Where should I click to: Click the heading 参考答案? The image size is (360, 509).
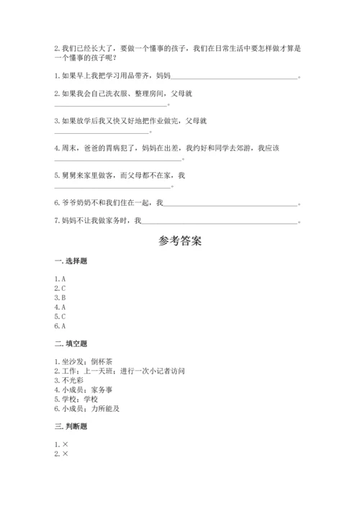coord(180,240)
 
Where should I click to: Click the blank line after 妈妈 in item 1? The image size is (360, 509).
coord(234,78)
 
